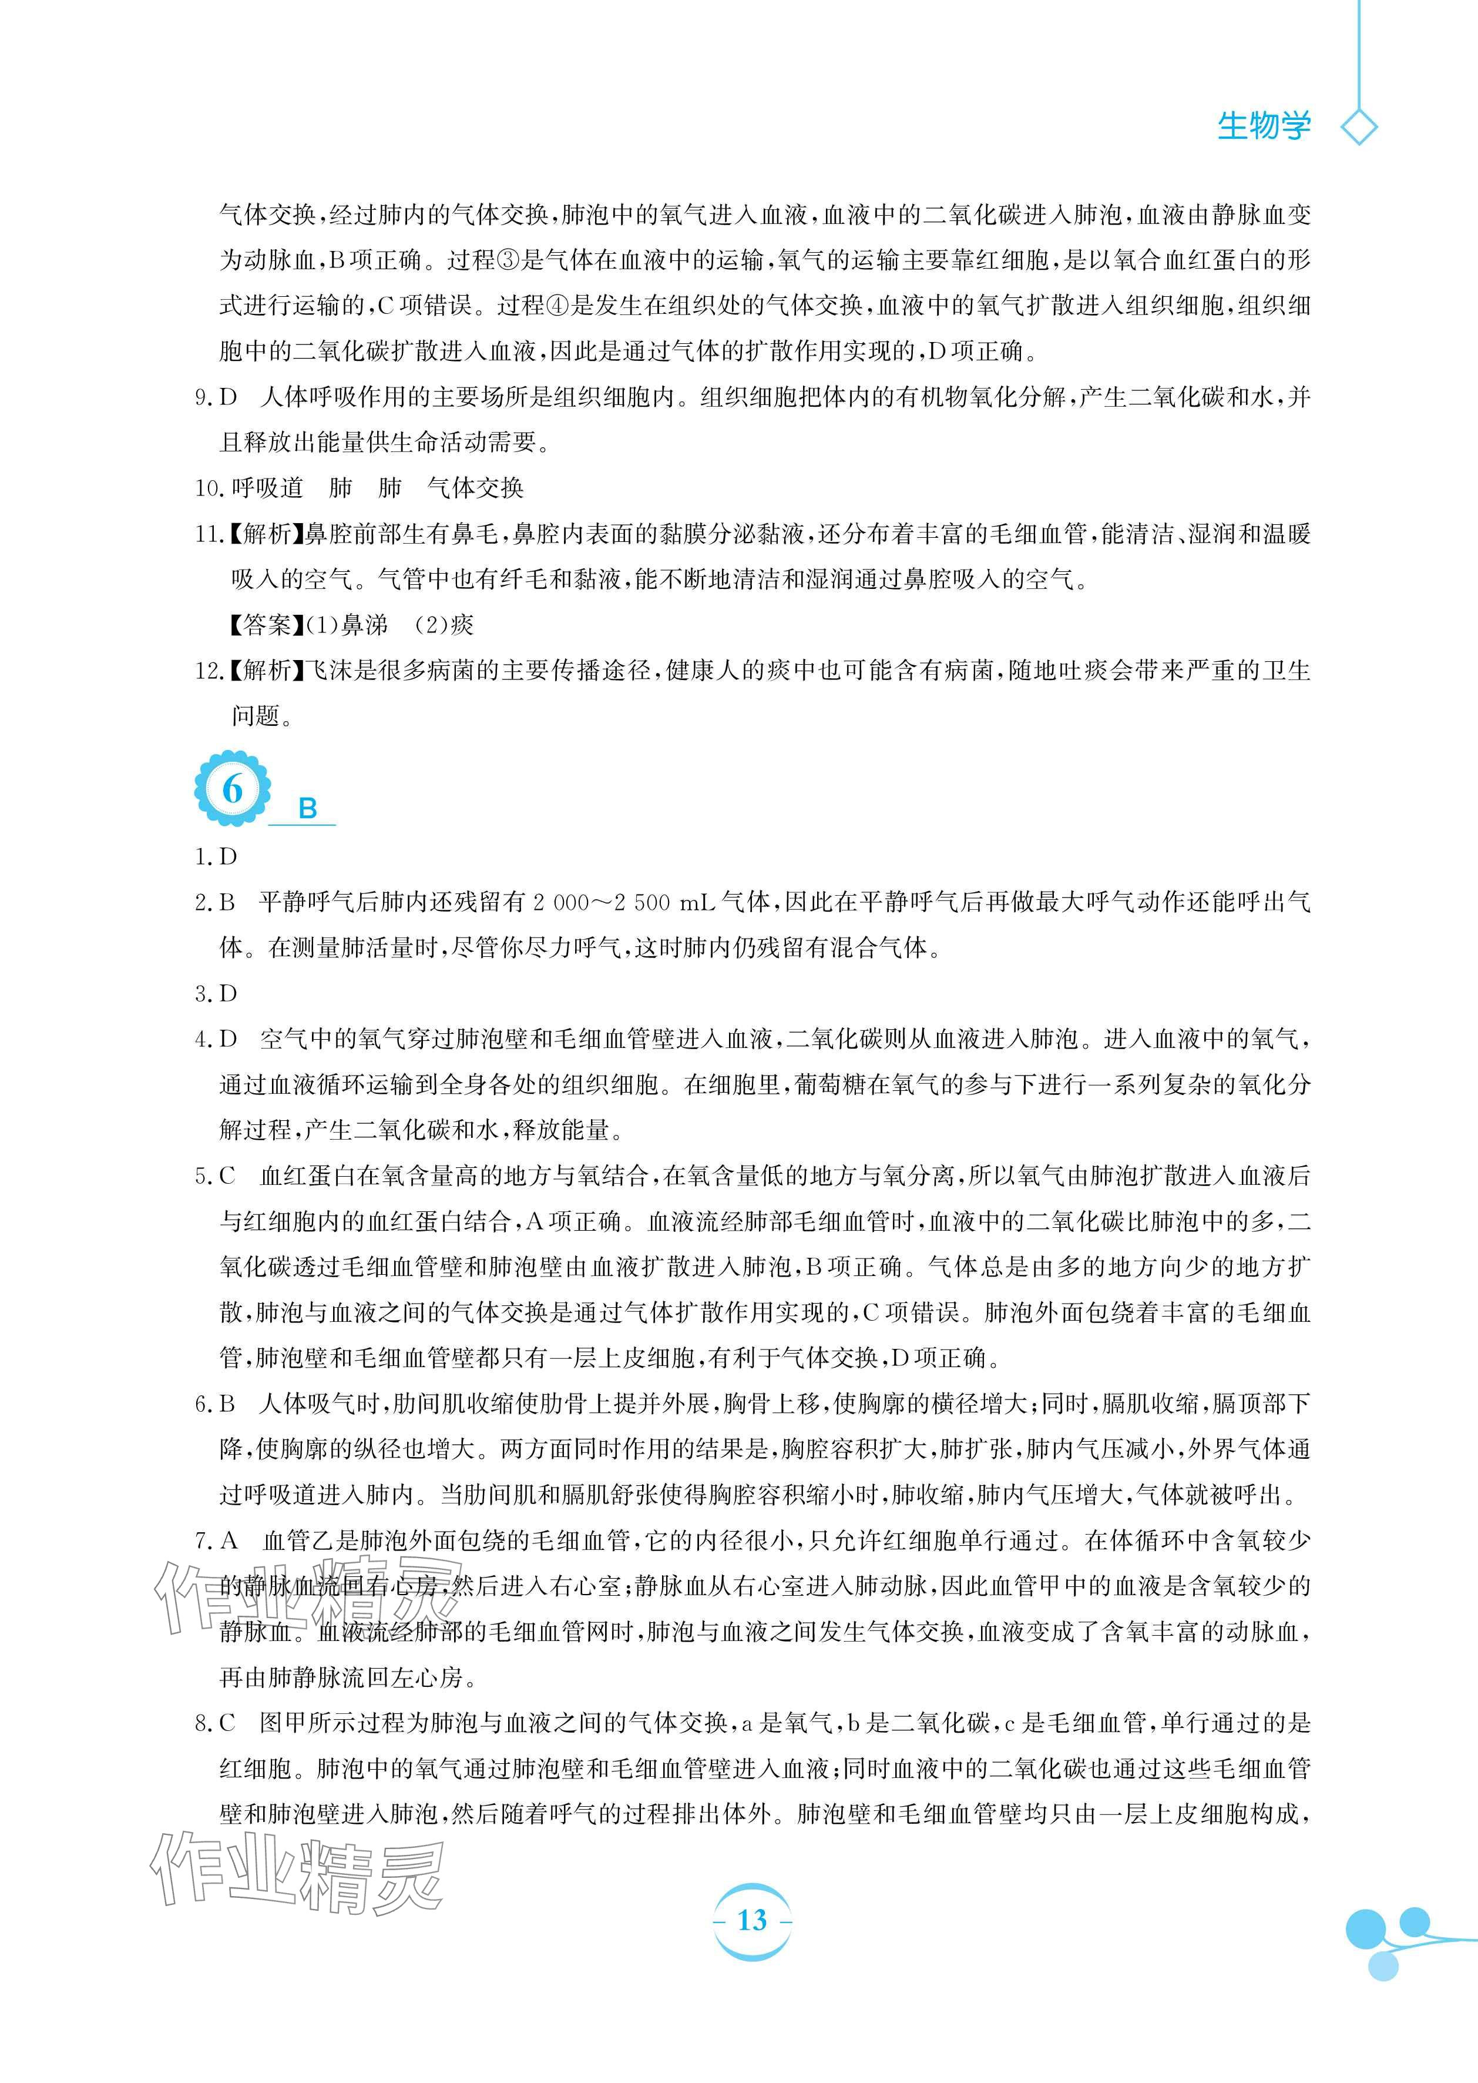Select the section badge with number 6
tap(233, 788)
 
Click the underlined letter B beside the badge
tap(308, 808)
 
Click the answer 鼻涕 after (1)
tap(364, 625)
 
